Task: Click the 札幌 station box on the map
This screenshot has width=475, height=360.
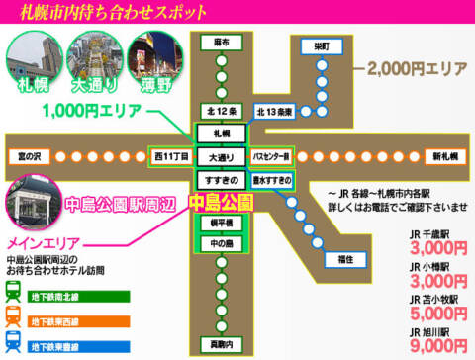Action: pos(214,132)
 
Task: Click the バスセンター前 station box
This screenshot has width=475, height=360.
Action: pos(270,155)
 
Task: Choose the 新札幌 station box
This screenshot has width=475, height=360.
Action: pos(444,155)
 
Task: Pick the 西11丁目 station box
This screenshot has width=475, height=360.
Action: pos(167,155)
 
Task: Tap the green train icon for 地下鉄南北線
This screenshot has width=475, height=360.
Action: pos(16,293)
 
